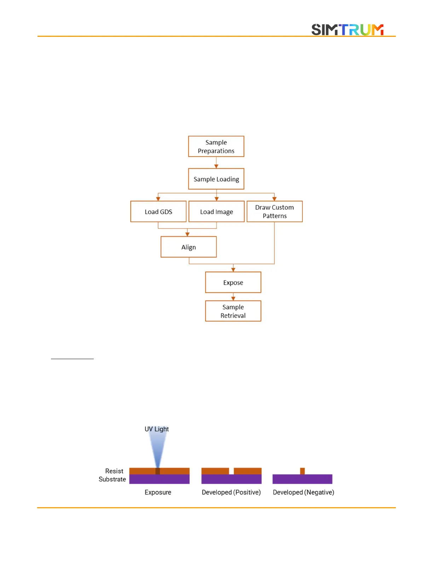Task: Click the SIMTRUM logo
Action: click(x=347, y=30)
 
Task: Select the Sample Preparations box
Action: click(x=216, y=146)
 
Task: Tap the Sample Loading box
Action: click(x=216, y=179)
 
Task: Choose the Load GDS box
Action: click(x=158, y=211)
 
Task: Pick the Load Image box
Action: click(x=216, y=211)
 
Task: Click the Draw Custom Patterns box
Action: click(x=275, y=211)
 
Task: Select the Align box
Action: click(x=189, y=247)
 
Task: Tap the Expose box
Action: click(x=233, y=282)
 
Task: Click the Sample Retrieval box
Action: click(x=233, y=311)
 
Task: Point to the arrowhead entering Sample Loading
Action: click(x=216, y=166)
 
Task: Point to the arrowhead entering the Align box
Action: click(x=187, y=234)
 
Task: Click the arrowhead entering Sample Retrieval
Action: click(x=233, y=299)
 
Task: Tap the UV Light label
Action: click(x=157, y=429)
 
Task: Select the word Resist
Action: click(x=114, y=471)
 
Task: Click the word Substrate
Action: click(x=112, y=479)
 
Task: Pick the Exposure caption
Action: click(x=158, y=492)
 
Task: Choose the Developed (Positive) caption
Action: click(x=231, y=492)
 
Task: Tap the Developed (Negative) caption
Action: click(x=303, y=492)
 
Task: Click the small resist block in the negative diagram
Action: click(x=302, y=471)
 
